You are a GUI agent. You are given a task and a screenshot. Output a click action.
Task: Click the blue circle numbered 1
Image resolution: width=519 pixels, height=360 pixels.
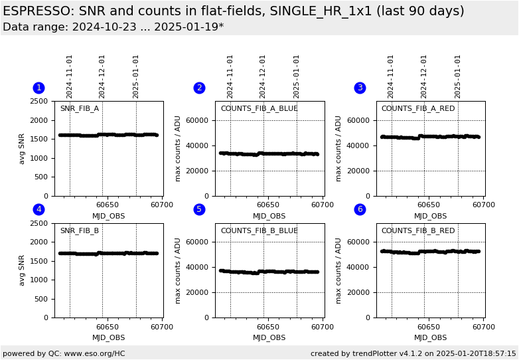[38, 88]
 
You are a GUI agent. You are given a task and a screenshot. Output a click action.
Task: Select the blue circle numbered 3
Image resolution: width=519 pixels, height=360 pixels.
[360, 88]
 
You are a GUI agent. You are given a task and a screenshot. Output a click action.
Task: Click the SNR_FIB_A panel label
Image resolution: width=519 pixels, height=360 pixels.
[79, 109]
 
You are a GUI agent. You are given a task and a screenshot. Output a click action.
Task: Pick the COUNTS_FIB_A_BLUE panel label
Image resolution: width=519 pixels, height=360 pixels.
[259, 109]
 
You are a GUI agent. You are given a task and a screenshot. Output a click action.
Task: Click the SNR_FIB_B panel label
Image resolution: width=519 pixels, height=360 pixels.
[79, 231]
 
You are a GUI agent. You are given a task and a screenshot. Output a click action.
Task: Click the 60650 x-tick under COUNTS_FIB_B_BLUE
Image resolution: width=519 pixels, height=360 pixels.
[267, 327]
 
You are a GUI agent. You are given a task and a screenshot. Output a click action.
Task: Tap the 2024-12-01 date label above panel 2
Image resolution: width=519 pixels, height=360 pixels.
[263, 76]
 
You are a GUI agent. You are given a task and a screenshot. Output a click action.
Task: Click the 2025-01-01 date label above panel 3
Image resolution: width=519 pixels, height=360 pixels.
[458, 76]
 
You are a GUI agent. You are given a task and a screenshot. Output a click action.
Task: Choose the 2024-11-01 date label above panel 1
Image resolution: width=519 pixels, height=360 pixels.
[70, 76]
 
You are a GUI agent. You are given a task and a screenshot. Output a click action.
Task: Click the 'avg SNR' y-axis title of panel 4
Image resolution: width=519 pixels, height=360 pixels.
[22, 270]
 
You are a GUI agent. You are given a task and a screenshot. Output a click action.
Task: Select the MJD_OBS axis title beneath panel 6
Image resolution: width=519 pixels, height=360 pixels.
[430, 337]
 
